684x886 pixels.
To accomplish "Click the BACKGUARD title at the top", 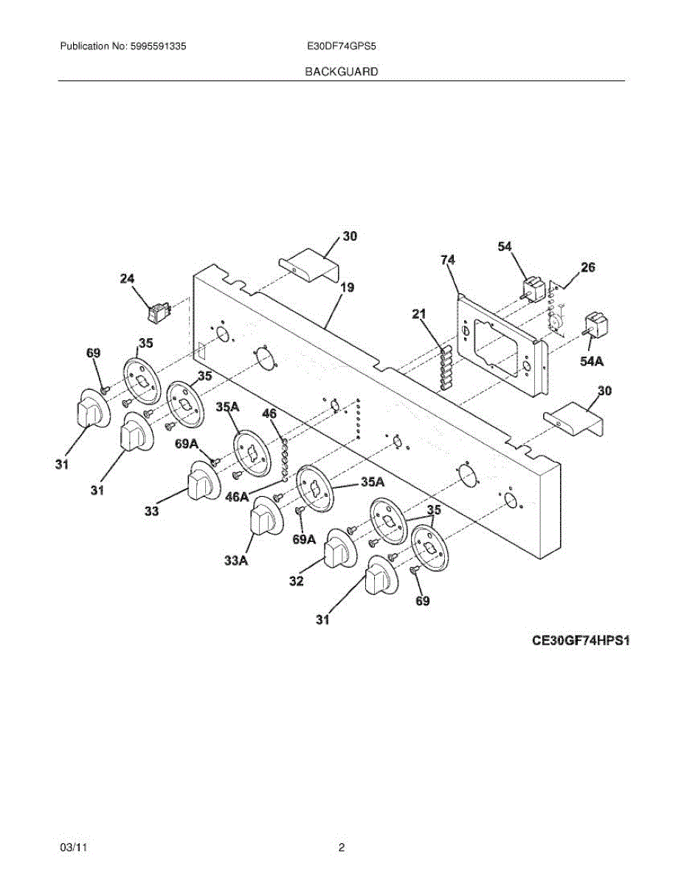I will point(342,72).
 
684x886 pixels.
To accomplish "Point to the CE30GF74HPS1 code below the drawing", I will point(581,641).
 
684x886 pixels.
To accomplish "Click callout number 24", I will point(128,278).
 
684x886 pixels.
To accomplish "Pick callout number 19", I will point(347,287).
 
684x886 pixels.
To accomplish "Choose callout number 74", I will point(448,260).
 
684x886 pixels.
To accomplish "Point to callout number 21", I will point(419,315).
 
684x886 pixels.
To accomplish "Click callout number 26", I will point(587,267).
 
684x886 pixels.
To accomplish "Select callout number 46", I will point(270,413).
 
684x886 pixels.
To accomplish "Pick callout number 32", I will point(296,581).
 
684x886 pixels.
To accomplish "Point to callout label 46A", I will point(238,497).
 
